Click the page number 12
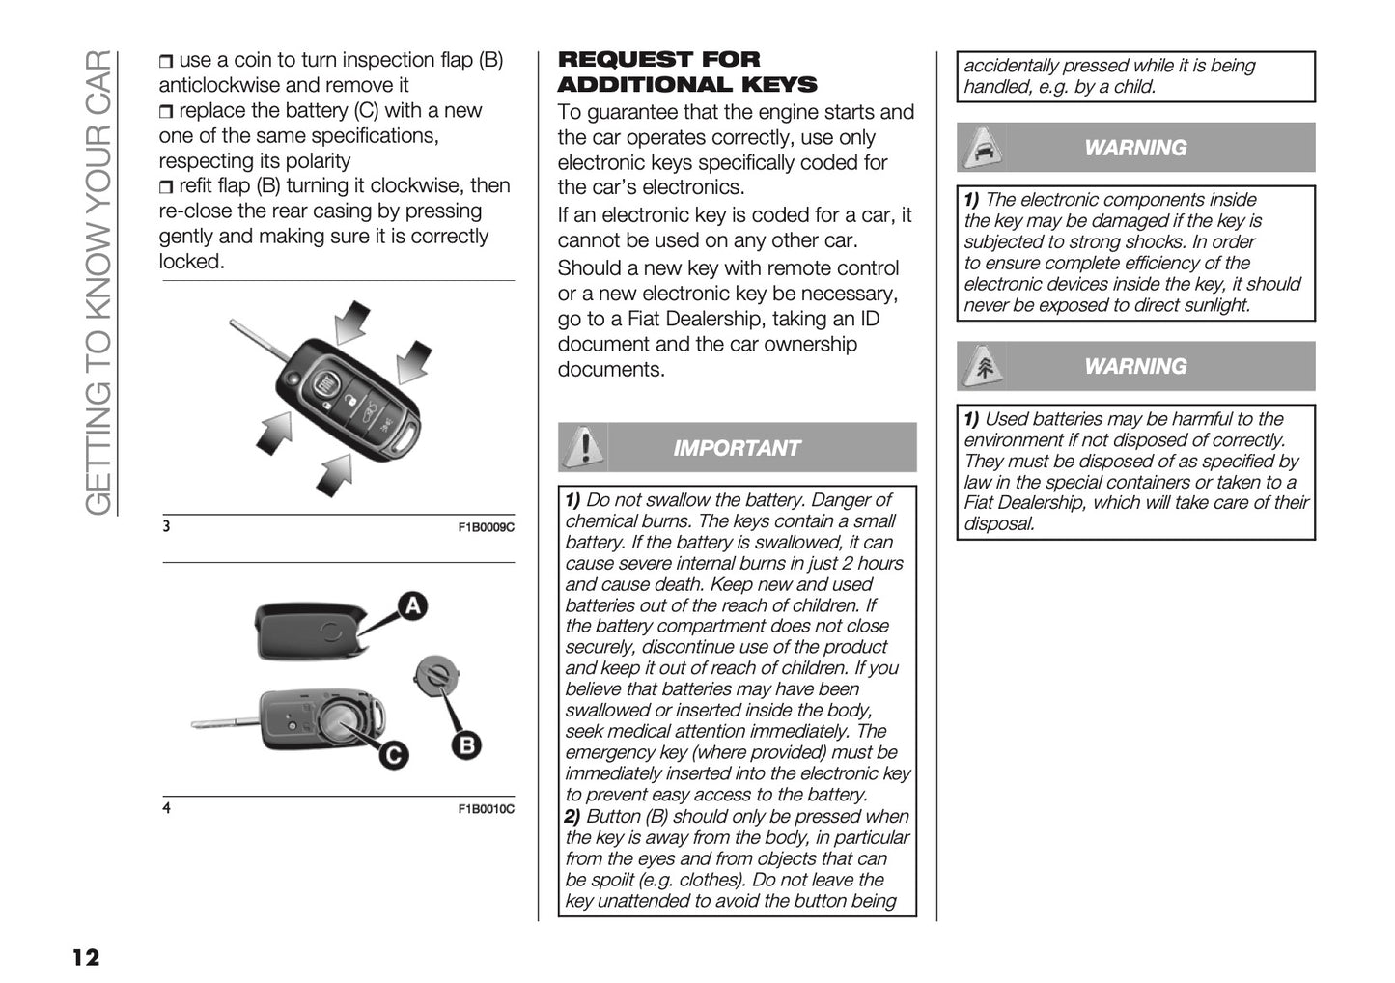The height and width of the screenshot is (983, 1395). pyautogui.click(x=85, y=957)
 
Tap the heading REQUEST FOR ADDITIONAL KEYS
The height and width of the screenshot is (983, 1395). pyautogui.click(x=686, y=72)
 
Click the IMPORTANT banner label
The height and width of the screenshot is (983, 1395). pyautogui.click(x=736, y=448)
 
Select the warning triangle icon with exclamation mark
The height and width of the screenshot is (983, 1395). pyautogui.click(x=582, y=447)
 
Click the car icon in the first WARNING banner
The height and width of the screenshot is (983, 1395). pyautogui.click(x=983, y=148)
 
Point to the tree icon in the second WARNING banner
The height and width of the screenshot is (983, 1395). pyautogui.click(x=983, y=366)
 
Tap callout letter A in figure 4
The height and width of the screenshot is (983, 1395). pyautogui.click(x=412, y=605)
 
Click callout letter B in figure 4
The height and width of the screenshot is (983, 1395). pyautogui.click(x=466, y=744)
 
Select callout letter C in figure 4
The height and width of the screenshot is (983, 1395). pyautogui.click(x=392, y=754)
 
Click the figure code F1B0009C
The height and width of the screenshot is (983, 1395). pyautogui.click(x=486, y=528)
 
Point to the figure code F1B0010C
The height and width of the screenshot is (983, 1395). pyautogui.click(x=486, y=809)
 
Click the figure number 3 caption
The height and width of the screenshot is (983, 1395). pyautogui.click(x=167, y=527)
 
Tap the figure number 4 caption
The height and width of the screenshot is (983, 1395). pyautogui.click(x=167, y=808)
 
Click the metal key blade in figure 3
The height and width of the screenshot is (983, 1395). pyautogui.click(x=259, y=347)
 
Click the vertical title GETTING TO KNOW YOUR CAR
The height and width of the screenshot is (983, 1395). pyautogui.click(x=98, y=280)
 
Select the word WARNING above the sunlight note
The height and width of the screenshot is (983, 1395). pyautogui.click(x=1135, y=148)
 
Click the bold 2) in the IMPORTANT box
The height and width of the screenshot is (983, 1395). pyautogui.click(x=572, y=816)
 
